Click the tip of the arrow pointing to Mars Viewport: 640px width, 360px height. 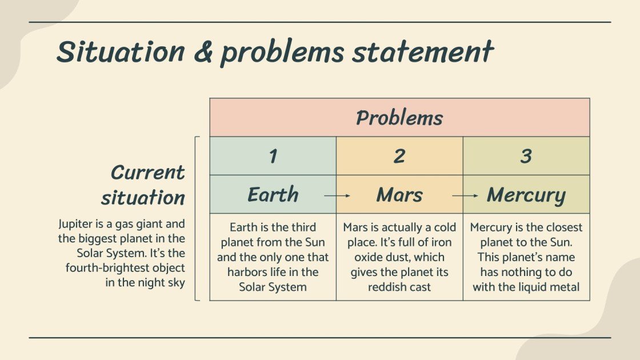[x=350, y=196]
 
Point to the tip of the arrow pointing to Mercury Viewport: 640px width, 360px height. [x=478, y=196]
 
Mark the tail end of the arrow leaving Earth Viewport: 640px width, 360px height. [x=325, y=196]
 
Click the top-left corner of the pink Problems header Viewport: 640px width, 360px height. [x=210, y=98]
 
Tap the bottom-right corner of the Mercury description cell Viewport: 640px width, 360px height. [x=590, y=301]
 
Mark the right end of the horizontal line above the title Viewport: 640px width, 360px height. [x=611, y=22]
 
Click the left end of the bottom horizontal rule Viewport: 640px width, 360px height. [x=29, y=338]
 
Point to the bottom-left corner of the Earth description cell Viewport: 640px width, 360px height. [x=210, y=301]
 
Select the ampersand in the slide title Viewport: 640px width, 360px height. [x=203, y=52]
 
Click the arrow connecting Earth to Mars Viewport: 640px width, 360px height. [x=337, y=196]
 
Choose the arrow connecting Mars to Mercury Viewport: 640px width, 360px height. [x=465, y=196]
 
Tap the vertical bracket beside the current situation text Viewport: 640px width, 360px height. [x=197, y=218]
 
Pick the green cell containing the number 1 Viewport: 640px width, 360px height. [x=273, y=156]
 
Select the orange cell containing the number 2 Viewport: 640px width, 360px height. [x=399, y=156]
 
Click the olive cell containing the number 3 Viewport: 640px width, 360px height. [x=526, y=156]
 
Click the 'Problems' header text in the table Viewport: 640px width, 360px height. [x=399, y=118]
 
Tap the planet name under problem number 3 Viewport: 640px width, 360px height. [x=526, y=195]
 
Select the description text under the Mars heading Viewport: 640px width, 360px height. [x=399, y=257]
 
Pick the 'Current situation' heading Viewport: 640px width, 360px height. [x=143, y=185]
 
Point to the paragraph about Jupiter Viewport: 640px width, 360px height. [x=122, y=253]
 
